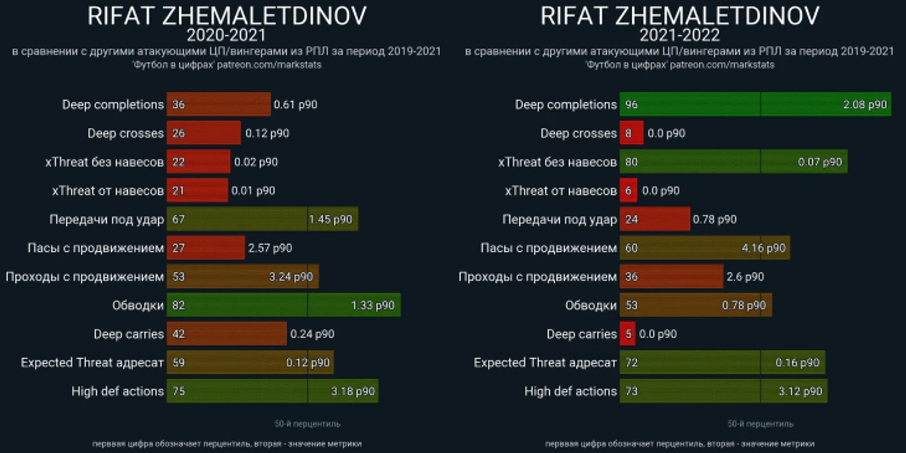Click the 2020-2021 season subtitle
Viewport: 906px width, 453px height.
pos(226,35)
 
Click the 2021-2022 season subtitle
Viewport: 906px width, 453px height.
pos(679,35)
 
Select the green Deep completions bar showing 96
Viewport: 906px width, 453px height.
pos(755,104)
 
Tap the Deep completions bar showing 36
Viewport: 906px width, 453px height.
pos(218,104)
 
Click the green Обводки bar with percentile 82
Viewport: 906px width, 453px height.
pos(283,305)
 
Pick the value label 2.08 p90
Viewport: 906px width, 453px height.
pos(865,104)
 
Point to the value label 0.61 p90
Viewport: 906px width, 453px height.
pos(295,104)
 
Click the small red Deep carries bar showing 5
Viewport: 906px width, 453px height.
pos(627,334)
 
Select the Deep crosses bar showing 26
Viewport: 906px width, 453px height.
pos(204,133)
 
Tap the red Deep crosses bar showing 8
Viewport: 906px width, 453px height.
pos(631,133)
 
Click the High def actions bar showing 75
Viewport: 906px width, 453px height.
pos(272,392)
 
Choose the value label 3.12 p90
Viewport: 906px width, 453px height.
pos(800,392)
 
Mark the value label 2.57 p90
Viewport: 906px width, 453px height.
pos(270,248)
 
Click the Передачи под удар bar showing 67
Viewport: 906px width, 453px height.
pos(262,220)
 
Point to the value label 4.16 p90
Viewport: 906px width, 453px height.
pos(763,248)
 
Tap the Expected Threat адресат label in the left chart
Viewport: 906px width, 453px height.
pos(92,362)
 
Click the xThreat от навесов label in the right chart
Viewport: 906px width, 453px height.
pos(560,191)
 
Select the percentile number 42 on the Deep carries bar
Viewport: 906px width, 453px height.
pos(179,334)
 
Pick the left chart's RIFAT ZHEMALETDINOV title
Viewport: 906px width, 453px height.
pos(226,15)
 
